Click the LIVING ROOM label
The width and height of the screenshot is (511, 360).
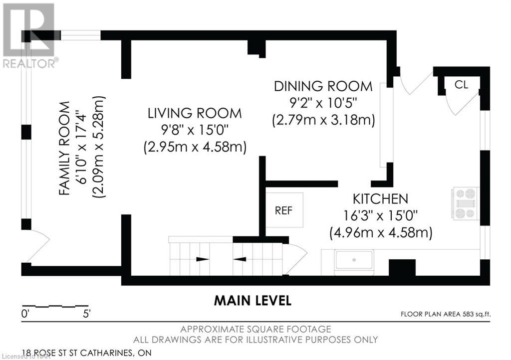tap(195, 113)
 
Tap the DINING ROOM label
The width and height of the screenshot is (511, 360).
tap(323, 86)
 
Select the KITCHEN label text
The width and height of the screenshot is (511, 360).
tap(380, 198)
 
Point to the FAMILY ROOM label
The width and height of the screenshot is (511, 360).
tap(64, 148)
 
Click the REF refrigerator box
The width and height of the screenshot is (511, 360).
tap(284, 210)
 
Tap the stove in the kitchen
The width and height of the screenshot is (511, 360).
tap(466, 203)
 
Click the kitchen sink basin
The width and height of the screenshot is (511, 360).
tap(354, 260)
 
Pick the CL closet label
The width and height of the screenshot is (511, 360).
tap(461, 85)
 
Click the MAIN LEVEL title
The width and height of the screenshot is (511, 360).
tap(253, 301)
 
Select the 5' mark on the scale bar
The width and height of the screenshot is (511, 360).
tap(87, 314)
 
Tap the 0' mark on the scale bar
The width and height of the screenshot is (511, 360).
tap(25, 314)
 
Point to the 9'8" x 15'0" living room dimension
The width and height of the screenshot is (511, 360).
tap(195, 130)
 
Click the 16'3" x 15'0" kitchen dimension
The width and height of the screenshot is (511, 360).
tap(380, 215)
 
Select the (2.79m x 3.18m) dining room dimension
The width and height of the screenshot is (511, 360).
tap(323, 120)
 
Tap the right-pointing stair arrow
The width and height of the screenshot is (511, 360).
tap(203, 259)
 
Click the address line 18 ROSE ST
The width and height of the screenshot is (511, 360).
tap(87, 353)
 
